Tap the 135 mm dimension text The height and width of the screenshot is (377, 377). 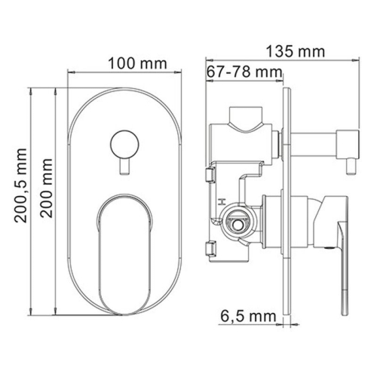[x=296, y=52]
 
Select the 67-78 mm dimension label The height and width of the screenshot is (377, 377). [x=242, y=72]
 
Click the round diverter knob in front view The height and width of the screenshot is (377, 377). [x=124, y=143]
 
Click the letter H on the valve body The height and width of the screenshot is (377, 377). [x=220, y=202]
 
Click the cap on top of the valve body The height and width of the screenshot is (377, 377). [x=246, y=118]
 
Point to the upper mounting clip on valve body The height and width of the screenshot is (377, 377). [x=209, y=177]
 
